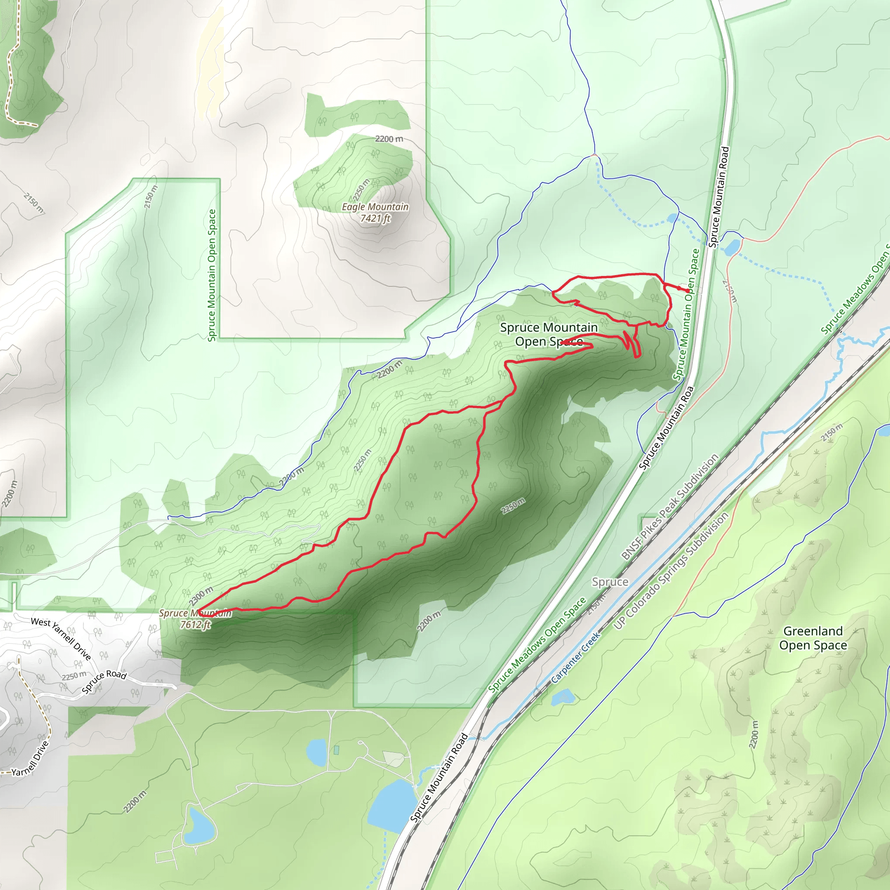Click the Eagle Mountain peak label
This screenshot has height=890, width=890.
(375, 207)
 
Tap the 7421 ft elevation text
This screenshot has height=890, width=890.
(375, 218)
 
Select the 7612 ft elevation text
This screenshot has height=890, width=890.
(195, 624)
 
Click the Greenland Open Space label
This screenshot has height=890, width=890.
(813, 638)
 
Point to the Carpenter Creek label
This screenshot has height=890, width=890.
(576, 658)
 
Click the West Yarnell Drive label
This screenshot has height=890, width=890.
(61, 638)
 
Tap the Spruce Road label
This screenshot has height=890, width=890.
(104, 681)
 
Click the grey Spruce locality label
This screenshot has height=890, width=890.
(610, 582)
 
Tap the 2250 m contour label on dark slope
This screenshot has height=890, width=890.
(513, 506)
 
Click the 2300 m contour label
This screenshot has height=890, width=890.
(201, 597)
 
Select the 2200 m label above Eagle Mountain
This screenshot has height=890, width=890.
(389, 139)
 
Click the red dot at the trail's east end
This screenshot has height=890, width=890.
(687, 291)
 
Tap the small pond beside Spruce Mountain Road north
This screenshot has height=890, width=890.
(732, 247)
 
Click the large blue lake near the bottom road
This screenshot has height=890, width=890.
(392, 806)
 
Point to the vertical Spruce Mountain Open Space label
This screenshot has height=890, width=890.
(212, 276)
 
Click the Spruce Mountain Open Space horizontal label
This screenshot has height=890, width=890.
(549, 335)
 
